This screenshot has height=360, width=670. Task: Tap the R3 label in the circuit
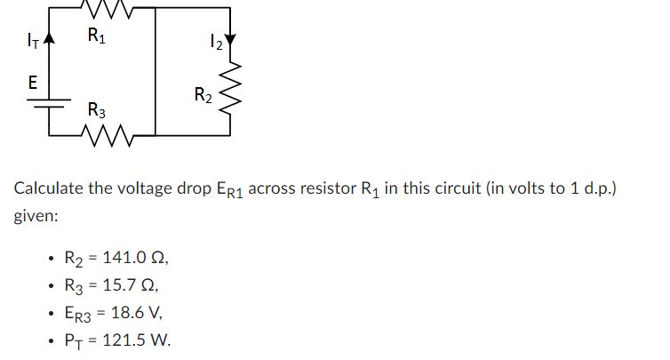[97, 111]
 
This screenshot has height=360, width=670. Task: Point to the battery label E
[32, 83]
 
